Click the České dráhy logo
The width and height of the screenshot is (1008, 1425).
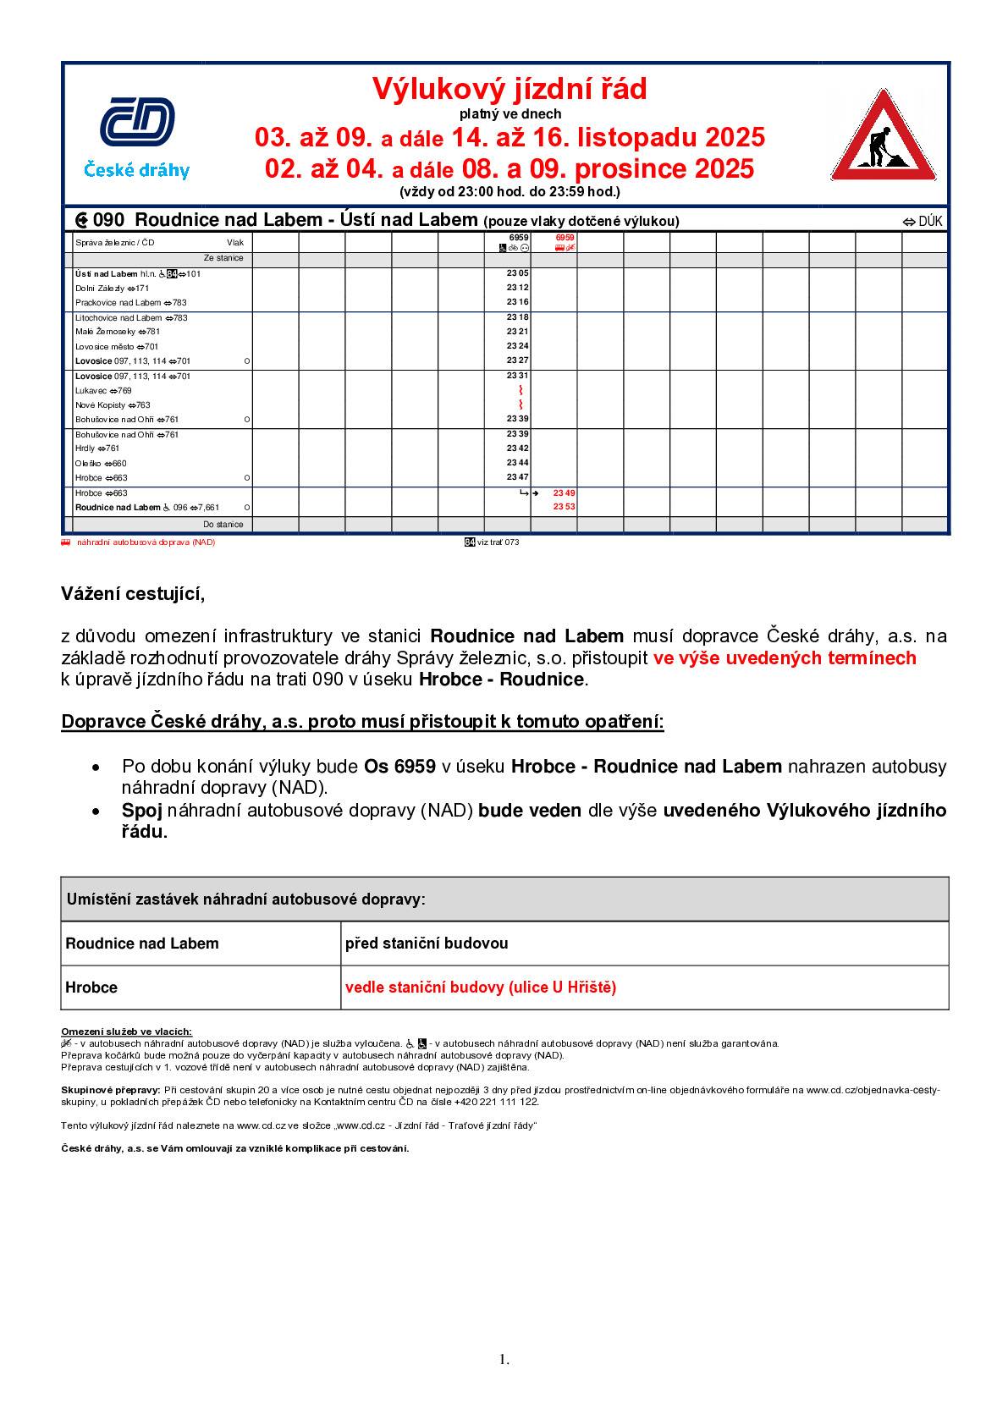[x=137, y=136]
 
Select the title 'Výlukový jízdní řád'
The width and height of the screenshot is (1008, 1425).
[x=510, y=89]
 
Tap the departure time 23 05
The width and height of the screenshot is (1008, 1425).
[x=517, y=274]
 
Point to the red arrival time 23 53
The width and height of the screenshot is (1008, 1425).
[x=564, y=507]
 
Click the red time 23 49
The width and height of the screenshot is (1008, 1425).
[x=564, y=492]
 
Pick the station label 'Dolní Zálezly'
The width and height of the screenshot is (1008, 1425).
[x=100, y=289]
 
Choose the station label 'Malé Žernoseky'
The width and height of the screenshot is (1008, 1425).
[x=105, y=332]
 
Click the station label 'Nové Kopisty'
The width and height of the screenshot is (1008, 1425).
[x=101, y=405]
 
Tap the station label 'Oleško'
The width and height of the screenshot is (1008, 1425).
[x=89, y=464]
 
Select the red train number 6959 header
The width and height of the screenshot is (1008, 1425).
[x=565, y=238]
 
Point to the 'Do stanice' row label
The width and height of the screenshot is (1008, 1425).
[x=223, y=525]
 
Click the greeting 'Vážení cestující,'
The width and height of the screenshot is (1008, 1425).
[x=133, y=594]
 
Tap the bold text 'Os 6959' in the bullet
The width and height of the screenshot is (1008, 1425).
[x=399, y=767]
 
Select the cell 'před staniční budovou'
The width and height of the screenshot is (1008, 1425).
[x=427, y=944]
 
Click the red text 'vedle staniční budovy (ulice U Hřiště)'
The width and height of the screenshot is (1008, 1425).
[x=481, y=988]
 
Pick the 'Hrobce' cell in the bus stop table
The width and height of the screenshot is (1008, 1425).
[x=91, y=988]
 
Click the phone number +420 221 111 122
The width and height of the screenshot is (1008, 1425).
[x=496, y=1102]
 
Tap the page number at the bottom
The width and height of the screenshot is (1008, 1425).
[x=504, y=1361]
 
